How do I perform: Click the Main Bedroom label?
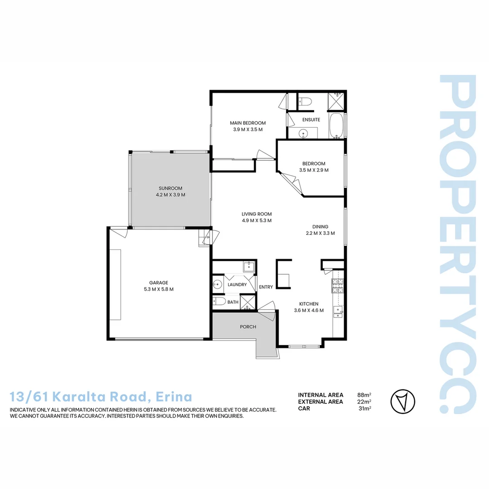pos(248,123)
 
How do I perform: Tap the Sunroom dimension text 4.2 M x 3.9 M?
pos(171,195)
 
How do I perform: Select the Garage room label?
pos(159,283)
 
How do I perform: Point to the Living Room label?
pos(257,214)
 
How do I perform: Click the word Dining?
pos(320,227)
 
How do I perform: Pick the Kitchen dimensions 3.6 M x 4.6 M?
pos(309,310)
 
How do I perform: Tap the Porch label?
pos(248,327)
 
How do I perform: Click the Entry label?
pos(266,287)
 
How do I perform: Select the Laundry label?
pos(237,284)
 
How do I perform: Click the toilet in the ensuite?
pos(305,102)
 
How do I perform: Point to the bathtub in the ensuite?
pos(336,125)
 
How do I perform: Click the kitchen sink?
pos(338,312)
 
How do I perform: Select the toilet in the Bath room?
pos(219,302)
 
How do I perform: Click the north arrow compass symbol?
pos(403,401)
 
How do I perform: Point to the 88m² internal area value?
pos(364,395)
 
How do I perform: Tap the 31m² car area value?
pos(364,408)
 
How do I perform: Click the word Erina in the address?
pos(174,397)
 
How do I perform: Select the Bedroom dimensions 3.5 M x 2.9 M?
pos(314,170)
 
